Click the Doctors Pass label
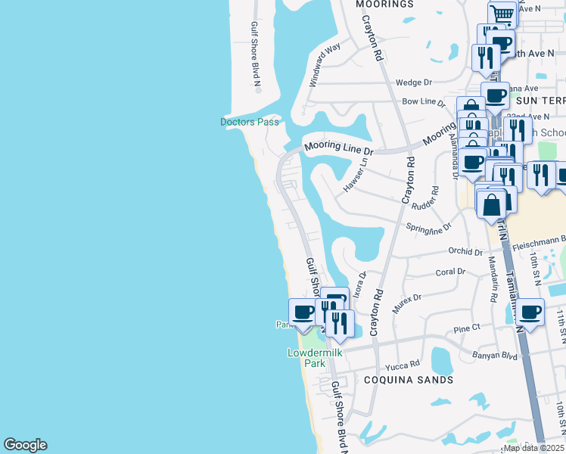click(x=249, y=122)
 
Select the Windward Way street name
click(x=325, y=64)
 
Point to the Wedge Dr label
click(x=413, y=82)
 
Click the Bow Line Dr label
click(x=424, y=101)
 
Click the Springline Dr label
click(x=428, y=226)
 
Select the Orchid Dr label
click(x=465, y=250)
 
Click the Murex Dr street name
click(x=406, y=303)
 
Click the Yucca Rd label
click(x=402, y=364)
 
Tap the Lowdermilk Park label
click(x=306, y=357)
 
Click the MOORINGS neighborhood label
click(x=384, y=4)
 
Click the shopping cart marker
click(x=502, y=14)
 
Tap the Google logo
click(x=25, y=445)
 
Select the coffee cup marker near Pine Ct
click(x=530, y=312)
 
